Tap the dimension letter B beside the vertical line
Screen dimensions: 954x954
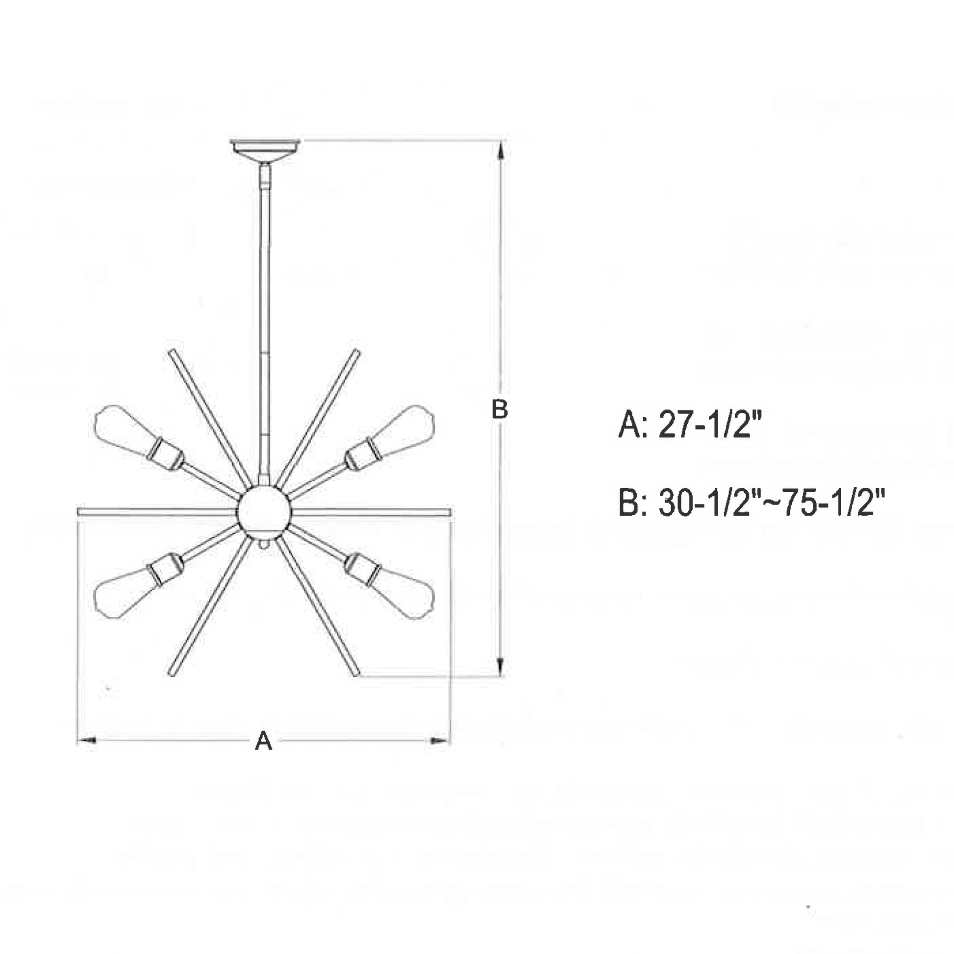pyautogui.click(x=500, y=409)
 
